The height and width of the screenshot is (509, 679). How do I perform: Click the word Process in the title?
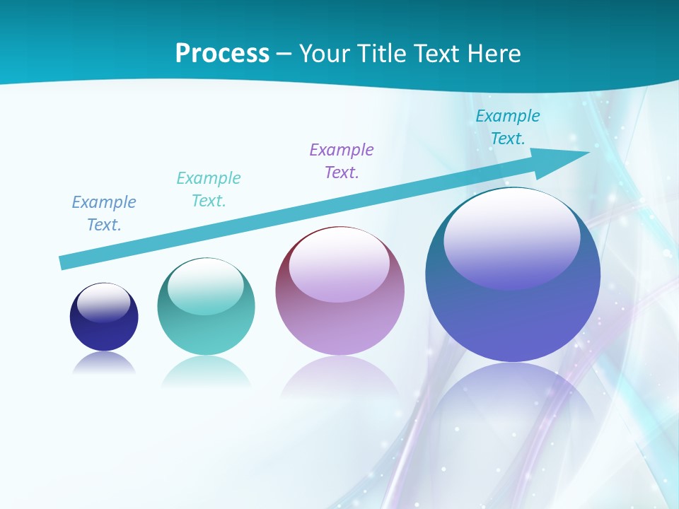point(222,54)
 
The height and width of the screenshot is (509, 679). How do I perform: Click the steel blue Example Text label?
point(104,213)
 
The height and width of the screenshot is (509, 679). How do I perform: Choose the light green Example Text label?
point(209,189)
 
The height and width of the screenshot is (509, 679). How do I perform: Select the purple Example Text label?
point(342,161)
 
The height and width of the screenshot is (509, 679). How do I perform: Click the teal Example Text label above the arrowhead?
point(508,127)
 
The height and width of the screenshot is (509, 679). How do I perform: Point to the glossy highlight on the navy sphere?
point(104,303)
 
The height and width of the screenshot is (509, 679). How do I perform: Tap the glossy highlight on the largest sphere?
point(511,239)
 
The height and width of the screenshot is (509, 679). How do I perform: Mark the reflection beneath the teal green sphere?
point(206,371)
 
